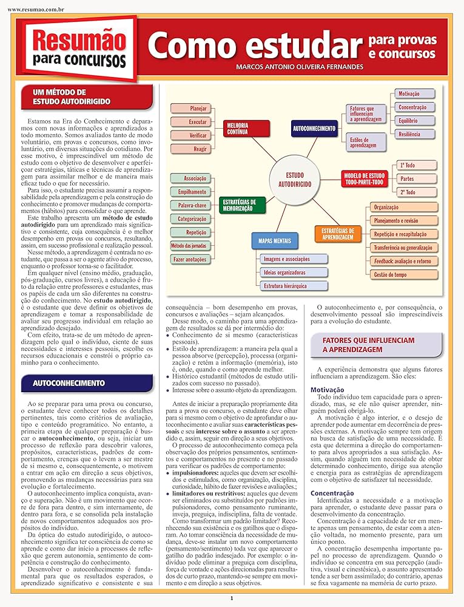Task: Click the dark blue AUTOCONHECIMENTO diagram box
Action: click(x=314, y=129)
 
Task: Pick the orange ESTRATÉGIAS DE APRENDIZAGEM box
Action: click(x=338, y=233)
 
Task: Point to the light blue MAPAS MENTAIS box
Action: click(x=275, y=241)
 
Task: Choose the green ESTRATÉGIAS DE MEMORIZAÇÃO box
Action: click(x=239, y=205)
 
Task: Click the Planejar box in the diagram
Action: click(x=190, y=109)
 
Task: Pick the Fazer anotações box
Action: click(x=189, y=259)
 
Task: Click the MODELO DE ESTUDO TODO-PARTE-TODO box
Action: click(x=364, y=178)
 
